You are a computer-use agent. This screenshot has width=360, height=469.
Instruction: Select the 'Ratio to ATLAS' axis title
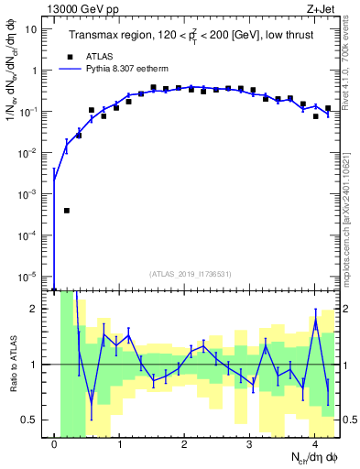tap(12, 364)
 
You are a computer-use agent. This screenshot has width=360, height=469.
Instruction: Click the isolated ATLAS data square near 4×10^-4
tap(67, 210)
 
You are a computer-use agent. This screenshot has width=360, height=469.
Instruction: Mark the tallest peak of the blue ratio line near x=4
tap(315, 320)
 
